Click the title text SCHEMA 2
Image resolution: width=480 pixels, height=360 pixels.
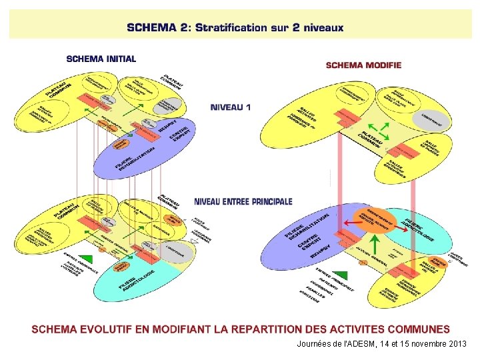(157, 28)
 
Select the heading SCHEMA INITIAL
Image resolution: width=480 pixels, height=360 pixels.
(101, 59)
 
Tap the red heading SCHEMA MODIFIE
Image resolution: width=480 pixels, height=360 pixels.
(363, 65)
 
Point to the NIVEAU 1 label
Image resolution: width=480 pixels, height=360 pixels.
(231, 107)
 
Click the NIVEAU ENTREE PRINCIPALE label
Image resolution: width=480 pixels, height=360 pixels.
(243, 201)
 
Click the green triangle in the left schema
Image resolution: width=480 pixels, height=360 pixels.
(86, 259)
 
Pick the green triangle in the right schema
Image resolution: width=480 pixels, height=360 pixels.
(340, 275)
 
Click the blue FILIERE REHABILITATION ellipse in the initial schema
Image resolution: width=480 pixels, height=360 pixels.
(143, 153)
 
